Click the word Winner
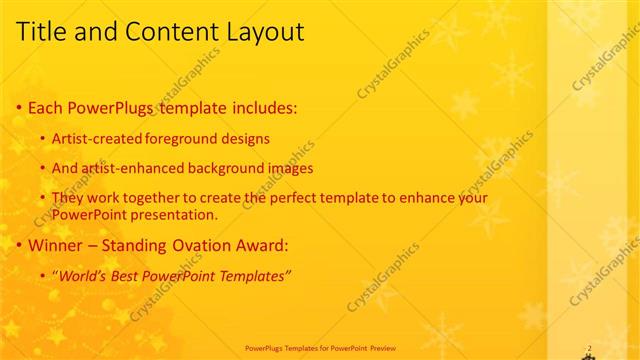[x=56, y=245]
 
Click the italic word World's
[x=83, y=276]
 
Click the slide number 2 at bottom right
[x=589, y=348]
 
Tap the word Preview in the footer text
[x=384, y=348]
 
